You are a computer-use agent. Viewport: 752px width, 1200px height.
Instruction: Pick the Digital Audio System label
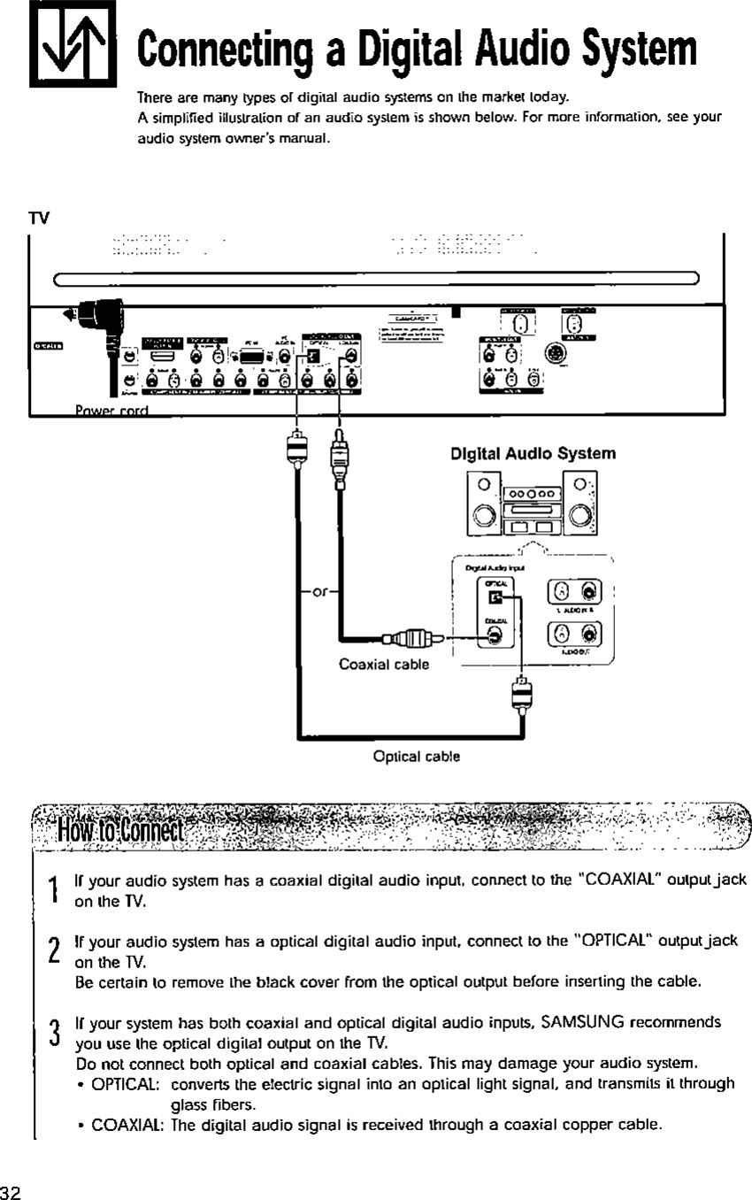point(533,454)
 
